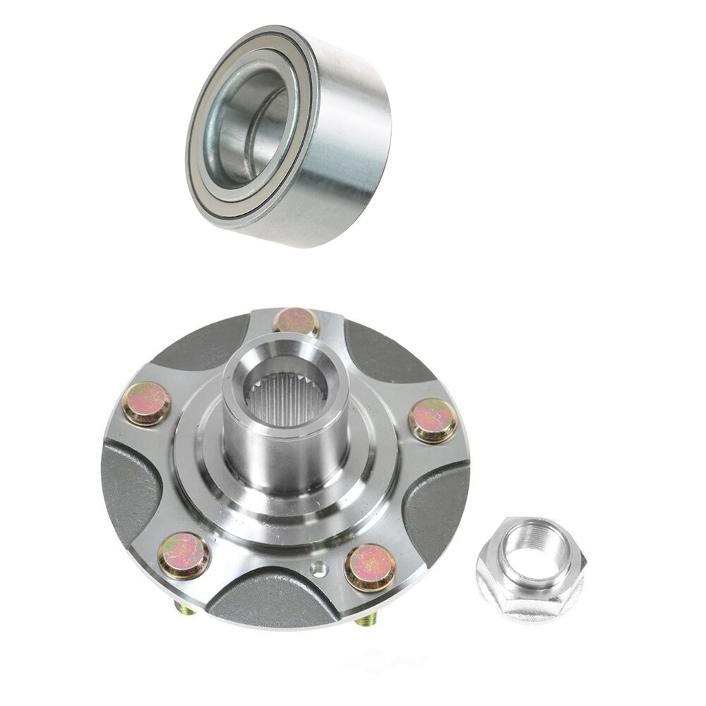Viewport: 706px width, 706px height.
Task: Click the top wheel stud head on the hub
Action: click(x=297, y=321)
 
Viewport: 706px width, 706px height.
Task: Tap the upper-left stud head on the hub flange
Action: click(x=146, y=403)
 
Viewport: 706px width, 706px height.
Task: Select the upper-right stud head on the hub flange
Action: click(x=433, y=420)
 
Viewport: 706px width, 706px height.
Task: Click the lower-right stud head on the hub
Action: click(x=370, y=567)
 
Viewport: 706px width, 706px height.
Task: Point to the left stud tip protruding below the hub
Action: click(x=184, y=608)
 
